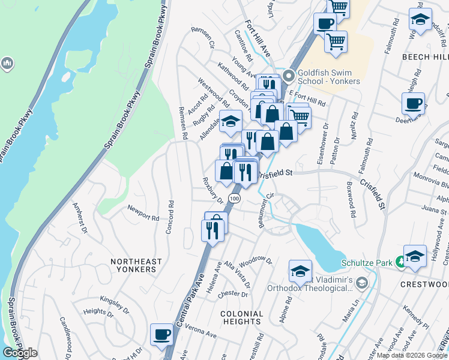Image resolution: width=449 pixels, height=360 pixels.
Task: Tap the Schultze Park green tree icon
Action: tap(400, 262)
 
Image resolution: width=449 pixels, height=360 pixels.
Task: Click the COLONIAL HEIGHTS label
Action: tap(242, 318)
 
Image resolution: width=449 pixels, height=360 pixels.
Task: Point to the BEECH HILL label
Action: tap(424, 56)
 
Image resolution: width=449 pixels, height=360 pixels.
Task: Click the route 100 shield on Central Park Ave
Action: tap(234, 198)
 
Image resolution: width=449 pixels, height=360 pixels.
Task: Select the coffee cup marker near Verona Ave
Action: tap(161, 335)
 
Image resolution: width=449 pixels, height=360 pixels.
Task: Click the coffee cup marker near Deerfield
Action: tap(414, 103)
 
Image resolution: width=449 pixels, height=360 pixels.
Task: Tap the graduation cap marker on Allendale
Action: tap(231, 121)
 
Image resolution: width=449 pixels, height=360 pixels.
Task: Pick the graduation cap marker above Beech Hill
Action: tap(420, 19)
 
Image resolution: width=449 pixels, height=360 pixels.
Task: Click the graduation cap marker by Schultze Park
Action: tap(415, 256)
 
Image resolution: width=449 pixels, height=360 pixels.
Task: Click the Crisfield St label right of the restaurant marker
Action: tap(275, 173)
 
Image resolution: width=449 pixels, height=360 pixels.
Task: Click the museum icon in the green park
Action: tap(7, 62)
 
